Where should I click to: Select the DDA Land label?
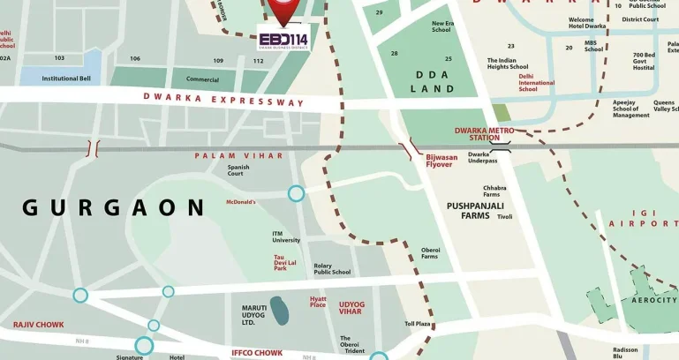(436, 82)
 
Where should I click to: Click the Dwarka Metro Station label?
(484, 134)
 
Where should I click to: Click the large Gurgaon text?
(113, 208)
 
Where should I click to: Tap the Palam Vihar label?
(238, 155)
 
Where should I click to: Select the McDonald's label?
(240, 201)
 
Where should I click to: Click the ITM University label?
(286, 236)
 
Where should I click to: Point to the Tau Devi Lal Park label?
(285, 261)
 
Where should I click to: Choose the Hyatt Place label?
(318, 302)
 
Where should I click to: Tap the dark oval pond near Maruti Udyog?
(279, 310)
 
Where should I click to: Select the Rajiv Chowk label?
(38, 325)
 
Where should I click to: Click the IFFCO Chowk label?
(257, 352)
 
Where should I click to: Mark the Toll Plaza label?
(417, 324)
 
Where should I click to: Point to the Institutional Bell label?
(66, 79)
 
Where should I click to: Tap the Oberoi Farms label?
(429, 252)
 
